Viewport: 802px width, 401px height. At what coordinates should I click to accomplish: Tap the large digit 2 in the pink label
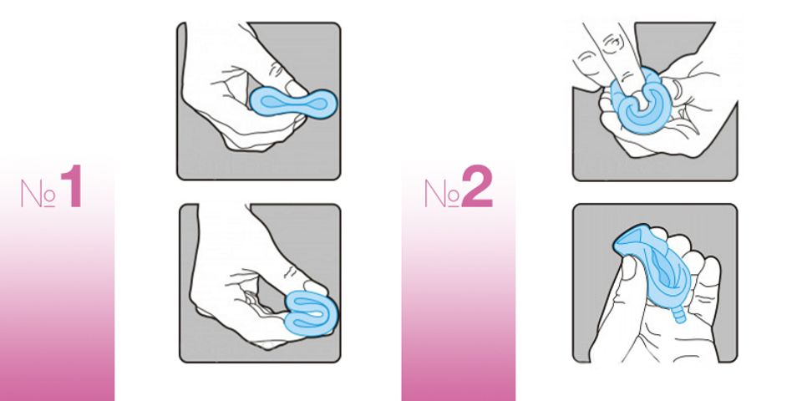(x=477, y=186)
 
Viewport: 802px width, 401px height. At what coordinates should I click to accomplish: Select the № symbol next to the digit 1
(x=38, y=194)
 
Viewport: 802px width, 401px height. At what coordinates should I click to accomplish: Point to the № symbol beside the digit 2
(x=442, y=194)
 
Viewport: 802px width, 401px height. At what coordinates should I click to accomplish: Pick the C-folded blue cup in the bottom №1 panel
(x=311, y=312)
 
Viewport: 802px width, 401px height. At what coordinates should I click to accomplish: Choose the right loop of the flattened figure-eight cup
(x=320, y=104)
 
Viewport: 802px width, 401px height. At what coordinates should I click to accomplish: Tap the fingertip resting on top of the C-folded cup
(x=315, y=287)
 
